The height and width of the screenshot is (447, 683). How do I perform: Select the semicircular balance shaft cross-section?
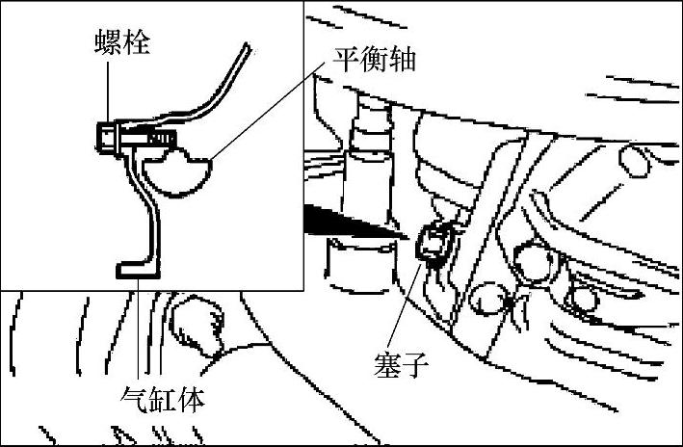click(x=177, y=173)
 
